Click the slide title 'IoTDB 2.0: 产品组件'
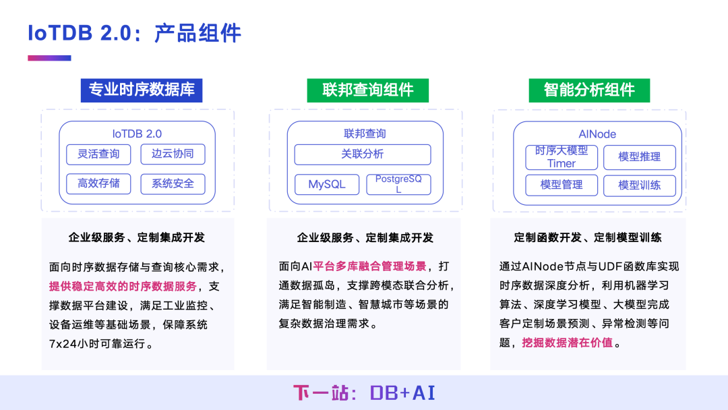pos(134,33)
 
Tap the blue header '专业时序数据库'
pos(142,90)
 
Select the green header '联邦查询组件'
pos(367,90)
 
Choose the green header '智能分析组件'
pos(589,90)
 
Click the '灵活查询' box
pos(98,154)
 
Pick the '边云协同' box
pos(173,154)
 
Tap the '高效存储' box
pos(98,183)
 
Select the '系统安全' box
pos(173,183)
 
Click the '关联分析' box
pos(362,154)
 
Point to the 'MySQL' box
pos(326,184)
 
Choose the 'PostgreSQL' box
pos(398,184)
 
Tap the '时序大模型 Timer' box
pos(562,157)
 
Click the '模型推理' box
pos(639,157)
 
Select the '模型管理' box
pos(562,185)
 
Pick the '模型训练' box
pos(639,185)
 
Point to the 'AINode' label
pos(597,134)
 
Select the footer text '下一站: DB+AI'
pos(364,393)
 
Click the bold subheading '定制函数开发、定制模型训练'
pos(588,237)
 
